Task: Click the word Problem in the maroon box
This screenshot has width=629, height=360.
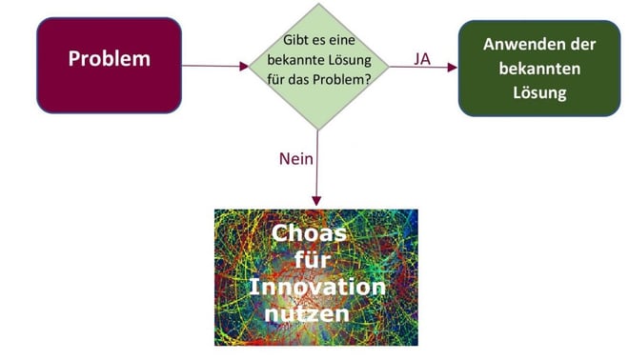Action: click(109, 58)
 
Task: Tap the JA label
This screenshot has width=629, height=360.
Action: click(422, 59)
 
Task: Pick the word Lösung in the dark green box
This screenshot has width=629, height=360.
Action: click(538, 93)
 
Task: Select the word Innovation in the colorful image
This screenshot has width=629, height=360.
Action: click(317, 287)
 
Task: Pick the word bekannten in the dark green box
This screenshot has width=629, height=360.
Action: click(538, 70)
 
